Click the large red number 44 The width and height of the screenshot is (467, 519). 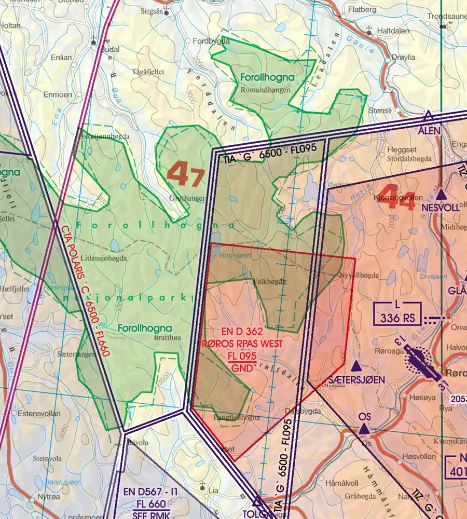pyautogui.click(x=398, y=196)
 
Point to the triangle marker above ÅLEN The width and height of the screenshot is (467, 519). pyautogui.click(x=428, y=116)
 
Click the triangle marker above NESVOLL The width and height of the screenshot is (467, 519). pyautogui.click(x=441, y=195)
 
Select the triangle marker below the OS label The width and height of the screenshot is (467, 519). pyautogui.click(x=364, y=429)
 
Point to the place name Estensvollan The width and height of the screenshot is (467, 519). pyautogui.click(x=39, y=414)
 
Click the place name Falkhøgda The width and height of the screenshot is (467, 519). pyautogui.click(x=269, y=281)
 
